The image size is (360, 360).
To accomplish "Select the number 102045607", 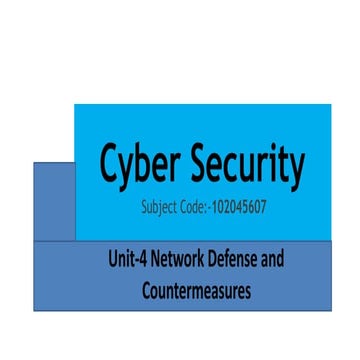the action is click(x=240, y=211).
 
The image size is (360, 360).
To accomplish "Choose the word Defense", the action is click(x=235, y=261).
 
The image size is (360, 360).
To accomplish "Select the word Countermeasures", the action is click(x=195, y=291).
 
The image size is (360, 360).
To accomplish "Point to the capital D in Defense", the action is click(x=214, y=261).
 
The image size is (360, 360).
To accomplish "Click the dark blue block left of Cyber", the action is click(x=53, y=200).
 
